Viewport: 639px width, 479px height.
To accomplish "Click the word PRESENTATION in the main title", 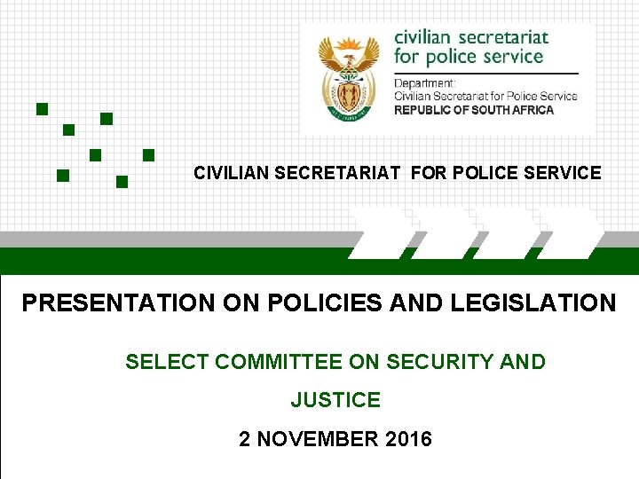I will coord(118,303).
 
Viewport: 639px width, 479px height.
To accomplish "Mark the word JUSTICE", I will coord(335,401).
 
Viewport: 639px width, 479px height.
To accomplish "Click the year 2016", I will coord(406,439).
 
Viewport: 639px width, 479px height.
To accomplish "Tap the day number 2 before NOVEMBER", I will coord(245,439).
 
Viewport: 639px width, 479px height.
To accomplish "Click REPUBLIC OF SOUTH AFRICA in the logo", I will coord(474,110).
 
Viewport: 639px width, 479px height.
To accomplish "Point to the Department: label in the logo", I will coord(424,83).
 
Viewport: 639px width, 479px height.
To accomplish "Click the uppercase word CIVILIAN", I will coord(233,173).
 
